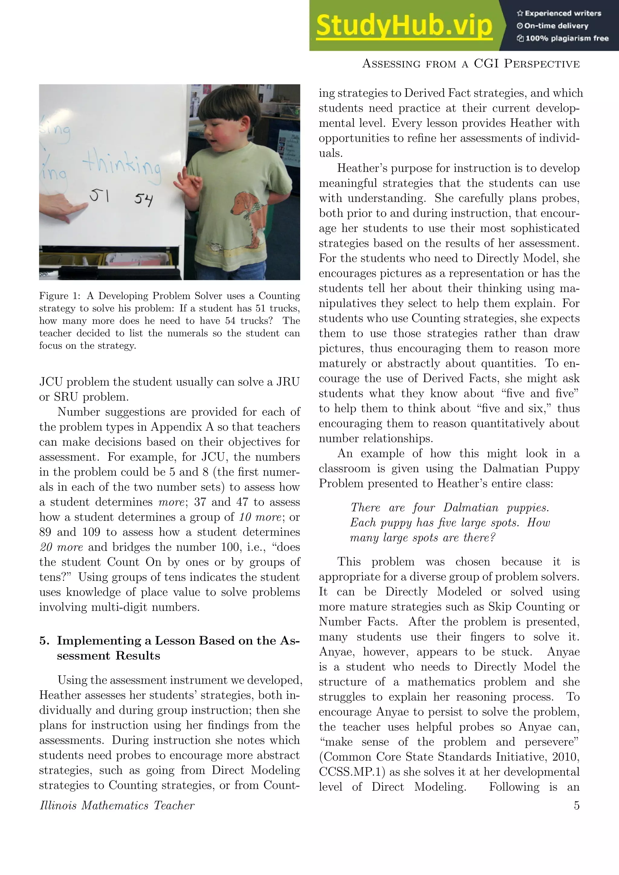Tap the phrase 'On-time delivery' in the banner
pyautogui.click(x=556, y=26)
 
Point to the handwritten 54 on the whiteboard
pyautogui.click(x=143, y=199)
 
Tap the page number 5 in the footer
pyautogui.click(x=577, y=805)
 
